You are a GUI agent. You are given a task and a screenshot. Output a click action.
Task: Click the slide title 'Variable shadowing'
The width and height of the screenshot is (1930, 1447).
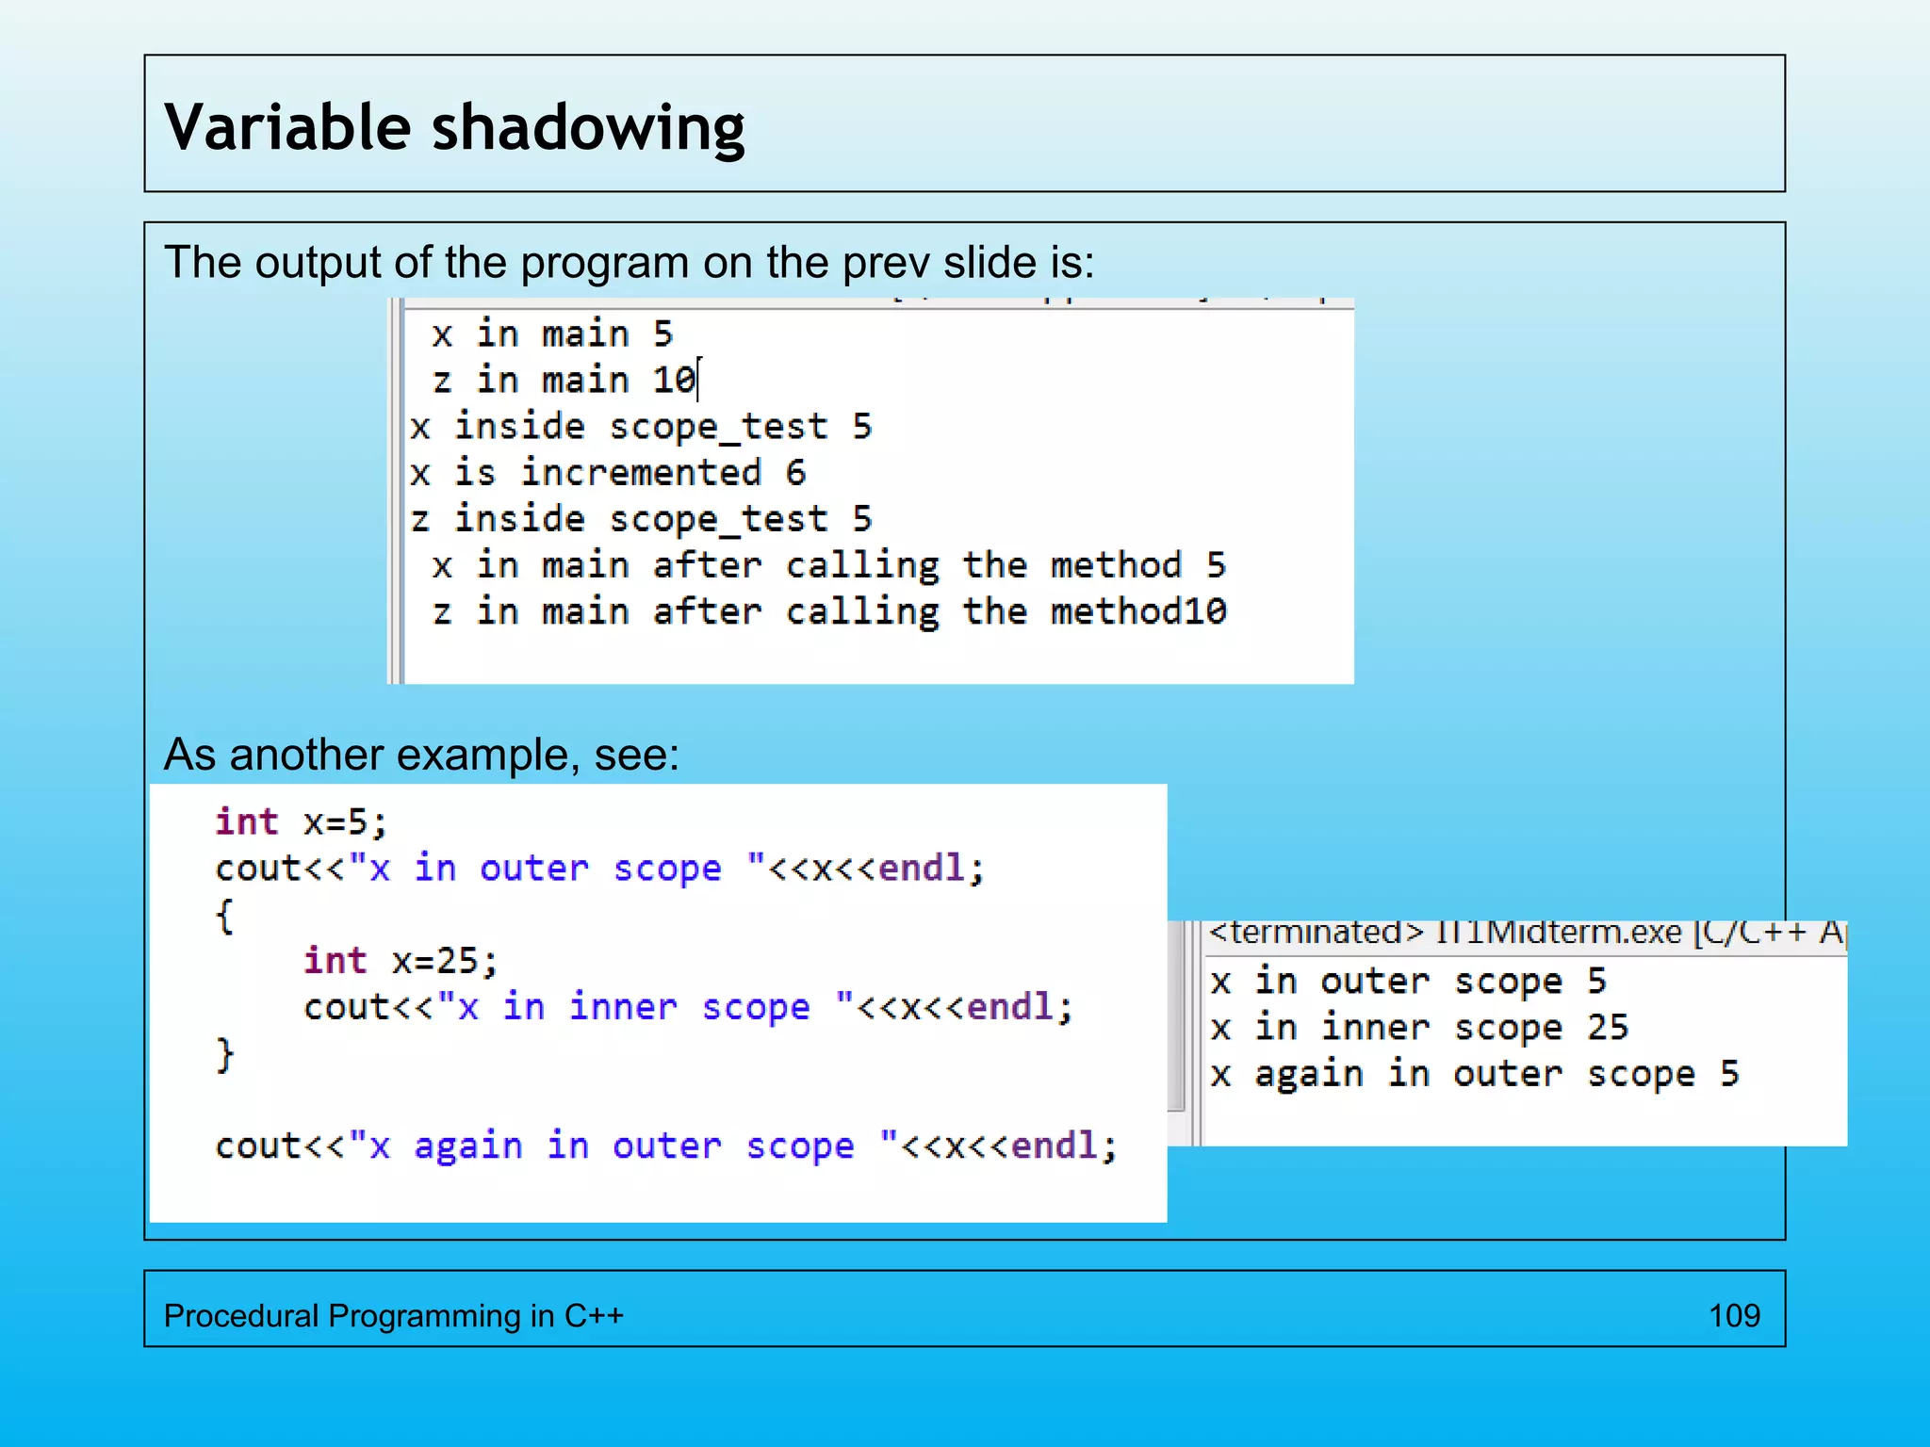pyautogui.click(x=454, y=127)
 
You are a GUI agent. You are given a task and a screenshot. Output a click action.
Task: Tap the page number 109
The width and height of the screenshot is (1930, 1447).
pyautogui.click(x=1734, y=1315)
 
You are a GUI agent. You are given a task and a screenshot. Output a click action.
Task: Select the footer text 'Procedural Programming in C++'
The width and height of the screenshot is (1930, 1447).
pyautogui.click(x=393, y=1315)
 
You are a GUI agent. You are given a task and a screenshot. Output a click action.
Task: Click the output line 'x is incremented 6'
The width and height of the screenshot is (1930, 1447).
pyautogui.click(x=608, y=473)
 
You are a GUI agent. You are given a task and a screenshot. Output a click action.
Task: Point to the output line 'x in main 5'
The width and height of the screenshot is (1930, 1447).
pyautogui.click(x=552, y=334)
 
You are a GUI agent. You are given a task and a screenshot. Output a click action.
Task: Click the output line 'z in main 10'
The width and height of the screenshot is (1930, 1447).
pyautogui.click(x=564, y=381)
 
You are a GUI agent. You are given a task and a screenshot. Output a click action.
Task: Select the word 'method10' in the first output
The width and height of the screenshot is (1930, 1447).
pyautogui.click(x=1138, y=612)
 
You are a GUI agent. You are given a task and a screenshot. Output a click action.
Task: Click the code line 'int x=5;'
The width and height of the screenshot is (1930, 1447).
pyautogui.click(x=301, y=822)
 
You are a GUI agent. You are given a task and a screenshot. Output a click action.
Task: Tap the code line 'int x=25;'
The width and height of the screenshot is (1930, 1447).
pyautogui.click(x=401, y=961)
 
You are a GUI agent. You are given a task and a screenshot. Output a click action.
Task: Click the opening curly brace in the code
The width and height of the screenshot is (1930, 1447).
pyautogui.click(x=224, y=916)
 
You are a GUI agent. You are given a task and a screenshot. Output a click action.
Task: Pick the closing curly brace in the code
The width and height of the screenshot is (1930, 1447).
pyautogui.click(x=224, y=1054)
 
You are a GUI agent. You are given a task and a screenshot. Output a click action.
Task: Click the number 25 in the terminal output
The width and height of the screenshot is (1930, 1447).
pyautogui.click(x=1607, y=1028)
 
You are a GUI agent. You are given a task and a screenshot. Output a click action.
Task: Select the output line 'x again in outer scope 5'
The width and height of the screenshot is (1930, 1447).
pyautogui.click(x=1475, y=1074)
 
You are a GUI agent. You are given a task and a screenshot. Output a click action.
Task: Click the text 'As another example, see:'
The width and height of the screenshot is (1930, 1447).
pyautogui.click(x=421, y=755)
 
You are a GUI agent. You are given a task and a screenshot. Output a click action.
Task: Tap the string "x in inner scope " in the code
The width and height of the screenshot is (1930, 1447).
pyautogui.click(x=646, y=1007)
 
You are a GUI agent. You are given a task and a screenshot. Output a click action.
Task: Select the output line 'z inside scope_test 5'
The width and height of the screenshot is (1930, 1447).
pyautogui.click(x=641, y=519)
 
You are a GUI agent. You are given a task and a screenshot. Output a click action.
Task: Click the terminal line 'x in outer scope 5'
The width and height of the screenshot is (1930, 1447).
pyautogui.click(x=1408, y=982)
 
